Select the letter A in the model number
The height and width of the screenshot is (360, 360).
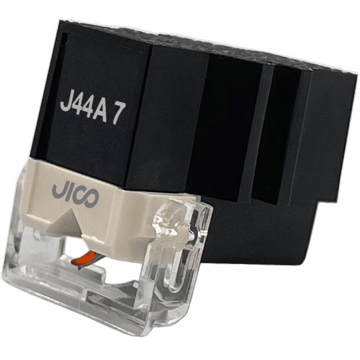pyautogui.click(x=100, y=112)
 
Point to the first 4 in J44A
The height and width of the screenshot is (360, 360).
pyautogui.click(x=77, y=107)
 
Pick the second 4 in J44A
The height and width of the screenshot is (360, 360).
pyautogui.click(x=88, y=110)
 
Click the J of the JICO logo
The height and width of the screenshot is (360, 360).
pyautogui.click(x=58, y=190)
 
